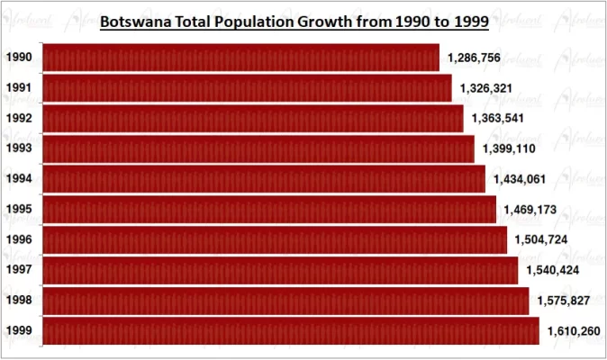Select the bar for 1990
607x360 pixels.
[241, 58]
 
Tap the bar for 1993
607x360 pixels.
[258, 148]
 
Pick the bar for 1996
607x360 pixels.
[275, 239]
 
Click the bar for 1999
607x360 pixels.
[291, 330]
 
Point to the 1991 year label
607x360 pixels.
[19, 88]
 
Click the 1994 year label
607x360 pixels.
[19, 179]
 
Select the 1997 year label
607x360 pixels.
[19, 270]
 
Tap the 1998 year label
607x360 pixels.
[19, 301]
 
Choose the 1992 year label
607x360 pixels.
[19, 119]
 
